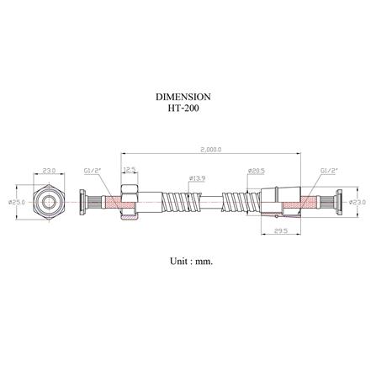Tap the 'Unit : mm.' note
(x=190, y=261)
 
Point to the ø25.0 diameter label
(x=13, y=202)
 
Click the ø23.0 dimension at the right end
(x=359, y=202)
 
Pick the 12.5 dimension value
(x=129, y=171)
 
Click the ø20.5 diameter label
(x=257, y=171)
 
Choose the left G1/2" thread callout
(x=93, y=171)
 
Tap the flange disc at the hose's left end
(x=81, y=203)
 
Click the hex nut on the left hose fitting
(x=129, y=203)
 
